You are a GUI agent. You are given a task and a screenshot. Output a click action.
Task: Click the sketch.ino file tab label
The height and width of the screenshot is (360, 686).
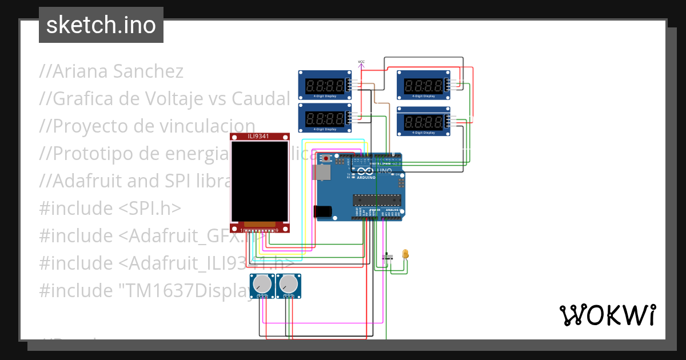101,25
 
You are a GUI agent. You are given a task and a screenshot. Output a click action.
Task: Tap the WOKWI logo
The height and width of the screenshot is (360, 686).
607,315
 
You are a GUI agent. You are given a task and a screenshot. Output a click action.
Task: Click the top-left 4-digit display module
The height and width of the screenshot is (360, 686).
325,86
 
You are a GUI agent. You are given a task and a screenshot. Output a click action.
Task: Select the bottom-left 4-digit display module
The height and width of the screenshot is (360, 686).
325,118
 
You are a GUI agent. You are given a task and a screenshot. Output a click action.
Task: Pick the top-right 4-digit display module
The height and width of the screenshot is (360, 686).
423,86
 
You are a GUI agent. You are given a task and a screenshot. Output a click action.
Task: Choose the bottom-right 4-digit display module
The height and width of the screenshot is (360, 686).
423,121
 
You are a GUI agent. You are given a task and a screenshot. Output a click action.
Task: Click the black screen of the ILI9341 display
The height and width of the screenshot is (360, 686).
260,181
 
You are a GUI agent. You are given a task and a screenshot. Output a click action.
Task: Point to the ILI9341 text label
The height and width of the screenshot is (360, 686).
259,137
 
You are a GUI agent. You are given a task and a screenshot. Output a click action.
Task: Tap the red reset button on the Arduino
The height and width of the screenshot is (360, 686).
326,158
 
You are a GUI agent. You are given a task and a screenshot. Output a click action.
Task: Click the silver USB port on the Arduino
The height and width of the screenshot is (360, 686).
322,173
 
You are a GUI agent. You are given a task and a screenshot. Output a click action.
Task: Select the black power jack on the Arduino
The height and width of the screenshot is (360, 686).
323,211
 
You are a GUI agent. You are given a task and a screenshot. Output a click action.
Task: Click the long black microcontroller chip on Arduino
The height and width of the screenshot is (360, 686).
375,199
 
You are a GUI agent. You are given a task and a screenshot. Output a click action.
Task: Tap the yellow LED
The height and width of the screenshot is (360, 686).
405,253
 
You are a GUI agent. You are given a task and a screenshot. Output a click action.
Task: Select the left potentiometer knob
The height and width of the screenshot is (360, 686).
262,283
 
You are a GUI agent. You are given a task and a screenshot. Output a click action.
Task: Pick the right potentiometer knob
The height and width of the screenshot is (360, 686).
289,283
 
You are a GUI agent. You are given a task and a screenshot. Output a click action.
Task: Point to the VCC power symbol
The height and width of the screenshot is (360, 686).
361,64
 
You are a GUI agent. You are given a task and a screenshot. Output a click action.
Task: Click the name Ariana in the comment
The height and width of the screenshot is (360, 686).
81,71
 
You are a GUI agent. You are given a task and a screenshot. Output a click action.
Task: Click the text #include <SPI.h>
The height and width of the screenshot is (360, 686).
110,209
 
